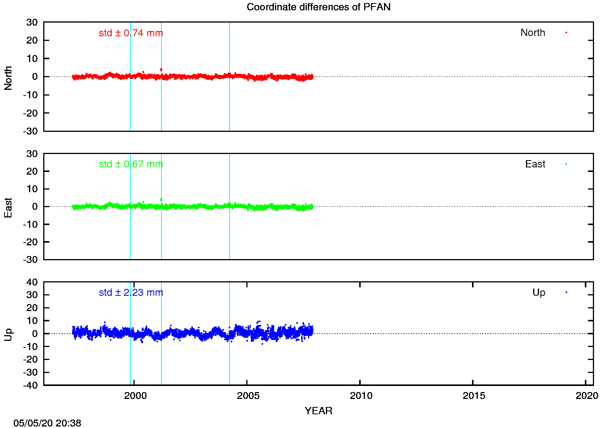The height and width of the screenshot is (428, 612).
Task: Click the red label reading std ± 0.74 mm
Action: click(x=131, y=33)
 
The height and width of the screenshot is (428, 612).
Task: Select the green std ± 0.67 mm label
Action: click(x=131, y=164)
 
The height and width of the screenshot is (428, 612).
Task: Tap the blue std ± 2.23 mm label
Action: click(x=131, y=293)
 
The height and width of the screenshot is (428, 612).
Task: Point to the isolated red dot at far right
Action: click(x=566, y=32)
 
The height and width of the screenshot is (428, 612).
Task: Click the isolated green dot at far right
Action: click(x=566, y=164)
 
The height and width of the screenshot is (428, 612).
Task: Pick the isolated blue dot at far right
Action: click(x=566, y=292)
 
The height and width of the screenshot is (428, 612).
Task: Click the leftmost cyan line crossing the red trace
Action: click(x=130, y=103)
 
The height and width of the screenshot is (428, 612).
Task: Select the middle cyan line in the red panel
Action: click(x=161, y=103)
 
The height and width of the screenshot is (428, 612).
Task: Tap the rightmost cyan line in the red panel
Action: click(x=229, y=103)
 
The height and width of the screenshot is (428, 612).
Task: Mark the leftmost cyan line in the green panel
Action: click(x=130, y=233)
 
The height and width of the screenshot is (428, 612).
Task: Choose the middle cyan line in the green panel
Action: click(x=161, y=233)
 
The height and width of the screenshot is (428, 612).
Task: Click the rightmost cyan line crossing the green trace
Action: click(x=229, y=233)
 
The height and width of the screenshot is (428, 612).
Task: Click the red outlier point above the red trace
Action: click(x=161, y=69)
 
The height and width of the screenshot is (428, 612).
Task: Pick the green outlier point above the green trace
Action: click(x=161, y=199)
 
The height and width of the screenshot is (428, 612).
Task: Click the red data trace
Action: click(x=191, y=77)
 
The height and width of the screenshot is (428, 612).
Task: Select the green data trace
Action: click(x=191, y=207)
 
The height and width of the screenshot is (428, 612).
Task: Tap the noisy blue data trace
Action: click(x=191, y=332)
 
